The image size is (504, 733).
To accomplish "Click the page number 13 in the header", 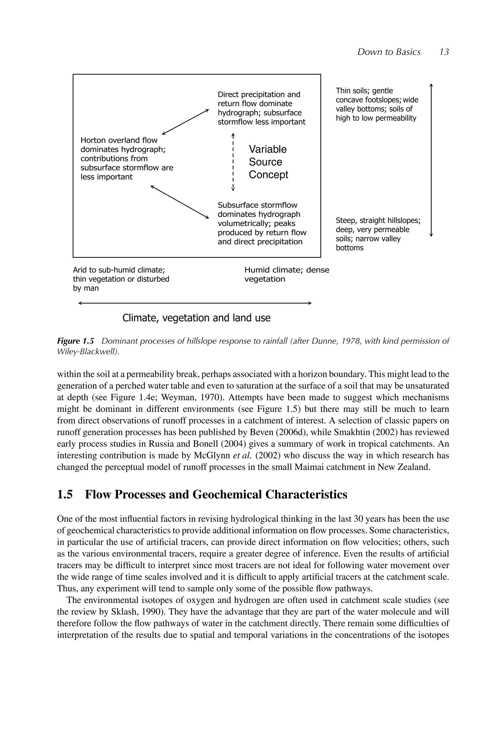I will click(x=444, y=52).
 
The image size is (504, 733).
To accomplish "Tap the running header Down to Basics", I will click(x=389, y=52).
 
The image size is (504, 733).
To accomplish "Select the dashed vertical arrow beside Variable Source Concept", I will click(x=233, y=162).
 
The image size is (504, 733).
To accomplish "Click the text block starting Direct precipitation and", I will click(x=261, y=108).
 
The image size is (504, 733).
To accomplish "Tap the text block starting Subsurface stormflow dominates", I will click(x=262, y=223).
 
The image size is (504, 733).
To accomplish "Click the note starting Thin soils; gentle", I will click(x=377, y=104).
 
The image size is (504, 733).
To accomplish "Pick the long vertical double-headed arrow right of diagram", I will click(x=431, y=160).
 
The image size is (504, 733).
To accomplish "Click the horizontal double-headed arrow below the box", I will click(x=195, y=303).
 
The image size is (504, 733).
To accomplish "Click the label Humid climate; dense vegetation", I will click(x=286, y=274).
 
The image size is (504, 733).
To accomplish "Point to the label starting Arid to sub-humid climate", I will click(x=121, y=279).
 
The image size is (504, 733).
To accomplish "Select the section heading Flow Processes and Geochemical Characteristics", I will click(x=216, y=494).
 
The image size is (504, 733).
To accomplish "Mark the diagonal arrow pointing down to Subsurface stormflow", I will click(x=180, y=202).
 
